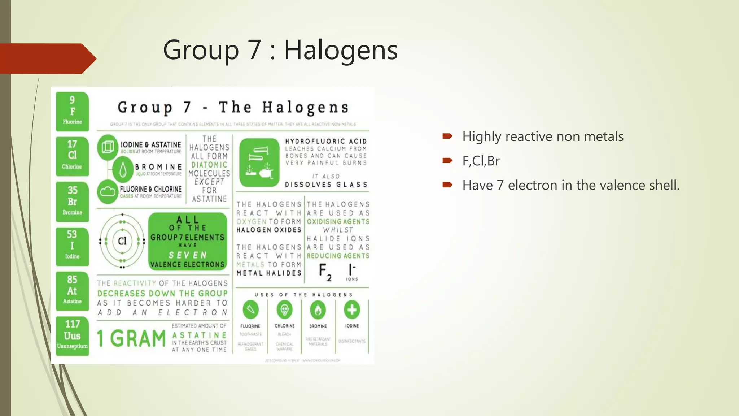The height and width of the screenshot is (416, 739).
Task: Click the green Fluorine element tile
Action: (72, 111)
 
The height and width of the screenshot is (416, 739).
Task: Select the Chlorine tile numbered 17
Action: (72, 156)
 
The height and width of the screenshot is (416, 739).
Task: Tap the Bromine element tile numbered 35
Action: (72, 201)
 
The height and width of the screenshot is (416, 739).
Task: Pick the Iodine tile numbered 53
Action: (72, 246)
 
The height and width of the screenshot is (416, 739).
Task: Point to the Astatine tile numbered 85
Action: (72, 291)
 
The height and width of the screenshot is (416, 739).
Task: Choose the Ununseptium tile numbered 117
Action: (72, 336)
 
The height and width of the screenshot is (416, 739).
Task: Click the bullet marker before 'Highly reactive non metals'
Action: (447, 136)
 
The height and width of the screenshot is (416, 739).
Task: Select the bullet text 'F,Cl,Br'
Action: (481, 161)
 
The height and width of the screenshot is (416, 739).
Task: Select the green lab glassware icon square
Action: (259, 162)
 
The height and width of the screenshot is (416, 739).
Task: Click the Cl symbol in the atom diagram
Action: (122, 241)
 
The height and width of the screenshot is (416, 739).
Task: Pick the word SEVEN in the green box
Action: (188, 255)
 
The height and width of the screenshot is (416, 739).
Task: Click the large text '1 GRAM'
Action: (131, 338)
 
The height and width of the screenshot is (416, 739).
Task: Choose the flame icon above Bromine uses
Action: (318, 310)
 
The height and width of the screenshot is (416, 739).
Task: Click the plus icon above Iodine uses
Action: (352, 310)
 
